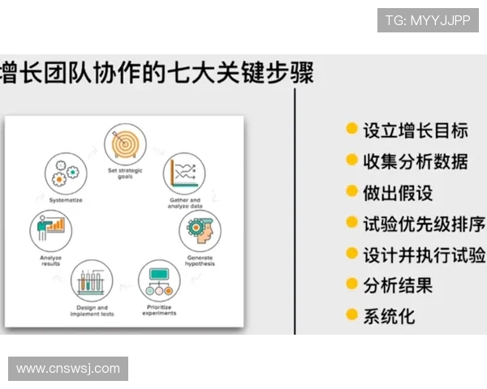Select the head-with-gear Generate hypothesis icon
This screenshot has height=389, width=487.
[x=200, y=230]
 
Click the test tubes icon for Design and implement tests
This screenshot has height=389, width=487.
[x=92, y=281]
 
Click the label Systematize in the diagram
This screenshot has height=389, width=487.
[x=65, y=199]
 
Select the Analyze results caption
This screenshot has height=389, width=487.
[x=50, y=260]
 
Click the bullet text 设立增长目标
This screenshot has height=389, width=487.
[x=415, y=130]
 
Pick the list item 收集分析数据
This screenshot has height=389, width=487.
[x=415, y=161]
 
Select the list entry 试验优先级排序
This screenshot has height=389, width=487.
[x=424, y=224]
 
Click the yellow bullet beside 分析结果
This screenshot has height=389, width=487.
[x=351, y=284]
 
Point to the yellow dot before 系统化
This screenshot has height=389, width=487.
[x=351, y=314]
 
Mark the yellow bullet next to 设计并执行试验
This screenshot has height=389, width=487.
[x=351, y=254]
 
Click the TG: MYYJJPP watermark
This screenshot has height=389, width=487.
[x=427, y=20]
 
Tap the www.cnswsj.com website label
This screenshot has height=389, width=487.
[x=68, y=369]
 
